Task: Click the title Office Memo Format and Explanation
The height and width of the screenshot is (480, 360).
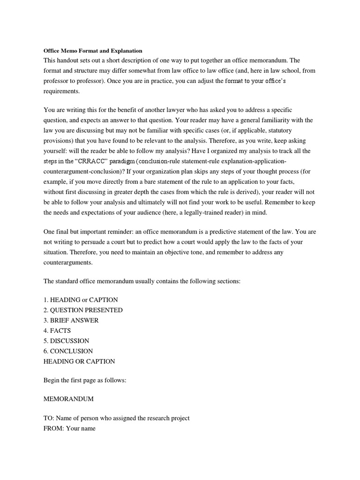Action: coord(93,51)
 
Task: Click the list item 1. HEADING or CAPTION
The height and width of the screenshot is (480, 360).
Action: coord(81,300)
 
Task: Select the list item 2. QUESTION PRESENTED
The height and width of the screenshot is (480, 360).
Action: coord(83,310)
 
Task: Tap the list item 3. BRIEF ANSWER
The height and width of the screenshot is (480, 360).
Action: coord(71,320)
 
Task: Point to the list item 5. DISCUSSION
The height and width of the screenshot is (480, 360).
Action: coord(66,341)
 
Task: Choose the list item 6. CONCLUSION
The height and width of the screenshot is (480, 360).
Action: coord(68,351)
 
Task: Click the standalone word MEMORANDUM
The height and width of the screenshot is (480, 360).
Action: coord(68,398)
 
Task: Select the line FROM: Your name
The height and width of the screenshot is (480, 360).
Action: coord(69,428)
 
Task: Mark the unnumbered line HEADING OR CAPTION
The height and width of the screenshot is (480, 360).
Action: coord(79,361)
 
